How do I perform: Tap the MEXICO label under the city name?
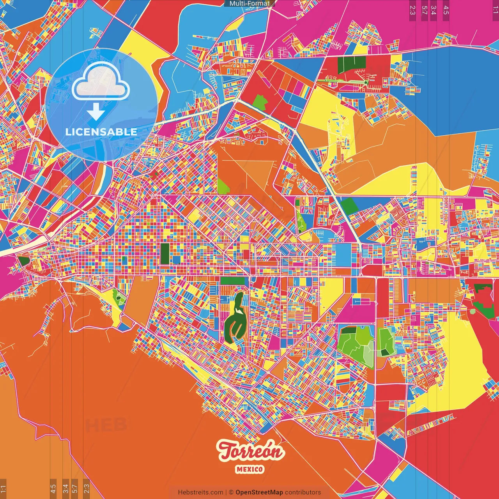click(x=249, y=469)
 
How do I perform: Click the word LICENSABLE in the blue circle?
click(x=101, y=132)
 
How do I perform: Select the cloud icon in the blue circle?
click(x=101, y=82)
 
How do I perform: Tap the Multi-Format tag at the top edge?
click(x=249, y=4)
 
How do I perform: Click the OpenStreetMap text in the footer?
click(x=259, y=492)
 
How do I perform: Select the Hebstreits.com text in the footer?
click(x=200, y=492)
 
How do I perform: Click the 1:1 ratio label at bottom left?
click(x=3, y=488)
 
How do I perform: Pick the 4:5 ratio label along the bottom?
click(x=53, y=488)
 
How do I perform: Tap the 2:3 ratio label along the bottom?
click(x=87, y=488)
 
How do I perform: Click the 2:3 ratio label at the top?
click(x=412, y=10)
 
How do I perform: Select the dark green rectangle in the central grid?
click(x=165, y=254)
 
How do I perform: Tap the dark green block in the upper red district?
click(x=352, y=62)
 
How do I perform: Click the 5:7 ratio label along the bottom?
click(x=75, y=488)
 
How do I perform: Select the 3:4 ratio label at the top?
click(x=434, y=10)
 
